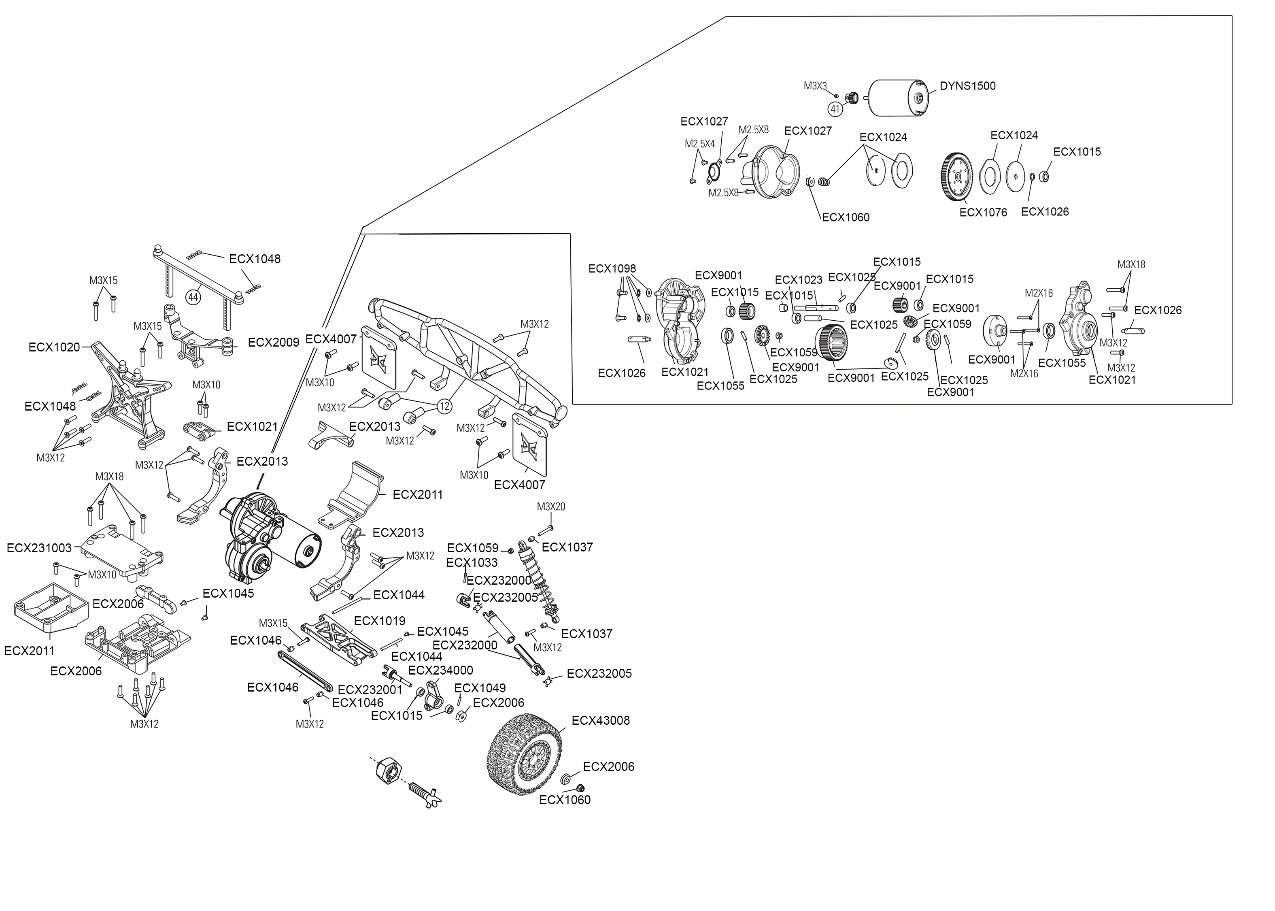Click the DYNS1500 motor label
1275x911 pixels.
[967, 86]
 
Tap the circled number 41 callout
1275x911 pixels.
[835, 109]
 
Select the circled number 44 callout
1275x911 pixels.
[193, 297]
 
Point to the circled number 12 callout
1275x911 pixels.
[444, 406]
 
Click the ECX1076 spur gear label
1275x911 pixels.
[983, 213]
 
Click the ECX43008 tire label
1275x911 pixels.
[601, 720]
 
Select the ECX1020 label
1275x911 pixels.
[54, 348]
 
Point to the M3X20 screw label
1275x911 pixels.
[550, 507]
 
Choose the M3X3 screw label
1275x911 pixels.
[815, 86]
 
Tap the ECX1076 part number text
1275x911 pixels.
[983, 213]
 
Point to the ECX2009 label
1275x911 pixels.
[274, 343]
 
